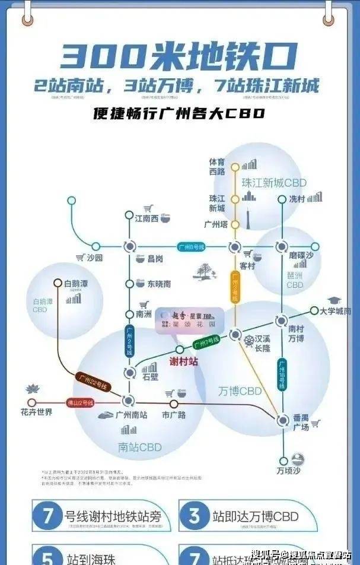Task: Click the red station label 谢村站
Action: [183, 361]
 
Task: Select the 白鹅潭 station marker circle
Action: [58, 283]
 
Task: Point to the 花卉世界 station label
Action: [36, 411]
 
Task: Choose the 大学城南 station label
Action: [335, 310]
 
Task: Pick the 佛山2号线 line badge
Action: [80, 402]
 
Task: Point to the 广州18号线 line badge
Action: [282, 374]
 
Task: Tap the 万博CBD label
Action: [240, 391]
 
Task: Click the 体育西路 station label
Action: [217, 166]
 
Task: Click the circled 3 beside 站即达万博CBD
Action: [193, 516]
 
